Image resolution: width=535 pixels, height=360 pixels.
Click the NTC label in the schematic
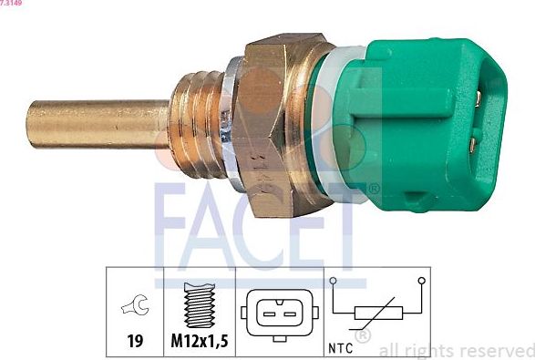coord(338,345)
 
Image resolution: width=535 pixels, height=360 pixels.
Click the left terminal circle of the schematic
coord(334,281)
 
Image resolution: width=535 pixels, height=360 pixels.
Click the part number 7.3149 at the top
coord(12,4)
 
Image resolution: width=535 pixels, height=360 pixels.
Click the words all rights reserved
coord(456,350)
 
